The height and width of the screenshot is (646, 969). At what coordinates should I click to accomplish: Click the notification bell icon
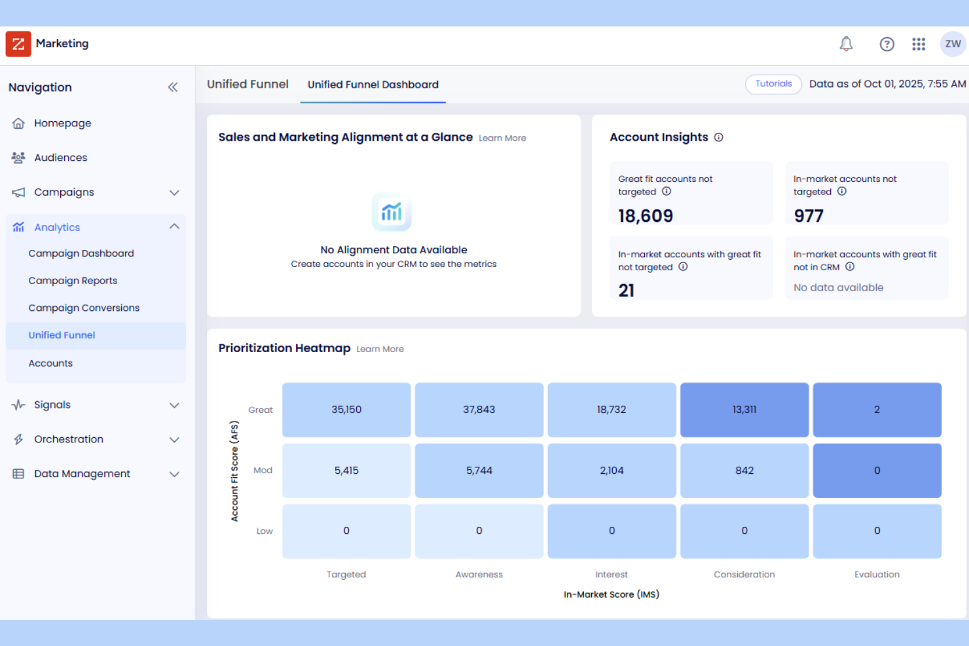846,44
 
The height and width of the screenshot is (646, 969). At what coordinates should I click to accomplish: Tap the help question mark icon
887,44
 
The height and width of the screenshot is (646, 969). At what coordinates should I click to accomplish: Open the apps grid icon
919,44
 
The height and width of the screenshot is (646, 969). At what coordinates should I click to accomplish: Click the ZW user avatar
953,44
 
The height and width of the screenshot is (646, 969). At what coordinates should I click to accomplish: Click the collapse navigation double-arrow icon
173,87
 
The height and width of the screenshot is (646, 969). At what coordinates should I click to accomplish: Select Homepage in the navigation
62,123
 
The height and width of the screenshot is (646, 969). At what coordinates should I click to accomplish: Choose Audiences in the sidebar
60,158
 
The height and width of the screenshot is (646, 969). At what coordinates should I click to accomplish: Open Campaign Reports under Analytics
73,281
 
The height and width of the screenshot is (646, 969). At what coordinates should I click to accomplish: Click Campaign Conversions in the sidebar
84,308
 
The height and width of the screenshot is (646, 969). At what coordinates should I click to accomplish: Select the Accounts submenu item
50,363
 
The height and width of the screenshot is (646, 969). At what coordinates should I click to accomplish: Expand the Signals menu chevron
174,405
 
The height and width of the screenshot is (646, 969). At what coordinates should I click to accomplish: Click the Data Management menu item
82,474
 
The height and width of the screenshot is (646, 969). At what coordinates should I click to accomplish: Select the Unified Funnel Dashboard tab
373,84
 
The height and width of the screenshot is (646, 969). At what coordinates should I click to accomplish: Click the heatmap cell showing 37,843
479,410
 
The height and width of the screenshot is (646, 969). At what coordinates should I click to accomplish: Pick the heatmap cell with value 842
744,471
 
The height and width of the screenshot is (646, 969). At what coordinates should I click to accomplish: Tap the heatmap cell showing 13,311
744,410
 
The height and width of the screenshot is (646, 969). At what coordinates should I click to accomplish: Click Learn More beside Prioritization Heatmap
380,350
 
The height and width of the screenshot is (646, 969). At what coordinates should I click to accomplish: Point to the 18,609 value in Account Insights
645,216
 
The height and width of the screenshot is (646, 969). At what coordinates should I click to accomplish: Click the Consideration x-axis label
744,575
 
